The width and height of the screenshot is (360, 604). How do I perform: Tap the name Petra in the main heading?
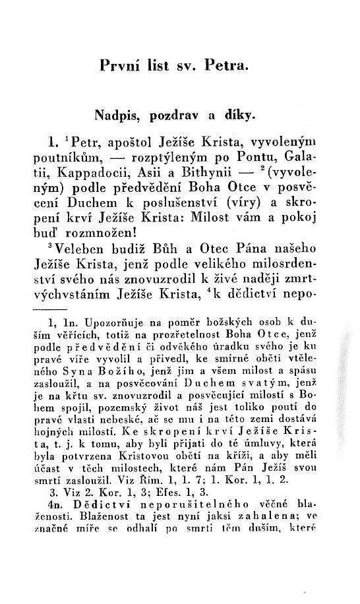click(x=224, y=66)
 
